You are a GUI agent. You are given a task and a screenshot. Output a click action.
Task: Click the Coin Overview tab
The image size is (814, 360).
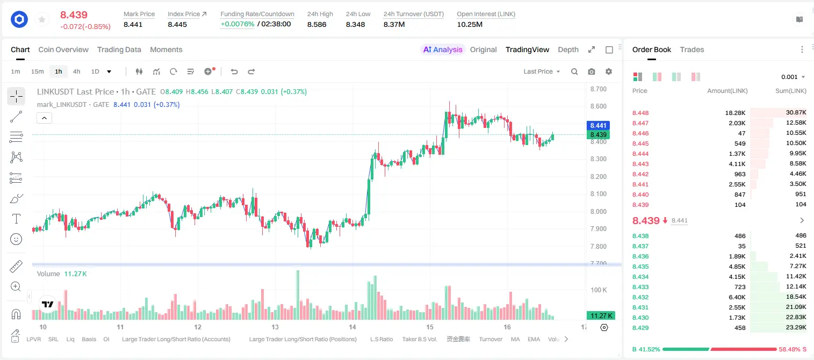click(x=63, y=50)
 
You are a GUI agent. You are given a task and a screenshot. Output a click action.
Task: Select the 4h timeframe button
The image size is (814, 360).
click(x=76, y=71)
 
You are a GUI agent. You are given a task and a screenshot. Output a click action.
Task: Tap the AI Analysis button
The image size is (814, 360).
click(x=443, y=50)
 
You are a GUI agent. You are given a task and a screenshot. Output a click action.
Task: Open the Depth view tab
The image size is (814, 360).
click(x=568, y=50)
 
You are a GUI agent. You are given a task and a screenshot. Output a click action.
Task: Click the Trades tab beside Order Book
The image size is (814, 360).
click(x=692, y=50)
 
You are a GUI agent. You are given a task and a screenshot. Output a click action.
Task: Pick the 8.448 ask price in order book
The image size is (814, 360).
click(x=640, y=113)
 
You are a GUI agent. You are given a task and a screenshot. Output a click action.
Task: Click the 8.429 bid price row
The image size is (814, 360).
click(x=640, y=328)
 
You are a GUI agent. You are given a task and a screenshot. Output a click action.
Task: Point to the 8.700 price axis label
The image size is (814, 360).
click(x=598, y=89)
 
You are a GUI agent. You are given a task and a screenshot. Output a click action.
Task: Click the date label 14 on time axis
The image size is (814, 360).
click(x=352, y=327)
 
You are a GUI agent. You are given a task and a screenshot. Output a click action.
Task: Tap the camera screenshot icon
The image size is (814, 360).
click(x=592, y=71)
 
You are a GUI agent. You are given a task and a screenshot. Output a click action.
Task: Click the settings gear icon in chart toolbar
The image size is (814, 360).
click(x=609, y=71)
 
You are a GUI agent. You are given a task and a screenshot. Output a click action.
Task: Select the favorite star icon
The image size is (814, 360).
click(x=42, y=19)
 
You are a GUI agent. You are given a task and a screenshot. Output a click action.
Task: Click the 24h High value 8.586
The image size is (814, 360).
click(x=316, y=24)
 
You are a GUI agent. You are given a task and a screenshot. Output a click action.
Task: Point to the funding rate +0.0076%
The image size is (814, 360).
click(x=237, y=24)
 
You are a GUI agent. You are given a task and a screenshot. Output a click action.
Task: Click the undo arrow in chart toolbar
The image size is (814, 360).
click(x=234, y=71)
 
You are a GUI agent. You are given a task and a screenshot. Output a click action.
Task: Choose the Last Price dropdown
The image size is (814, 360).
click(x=542, y=71)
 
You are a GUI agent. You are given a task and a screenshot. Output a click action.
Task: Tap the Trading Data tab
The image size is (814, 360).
click(x=119, y=50)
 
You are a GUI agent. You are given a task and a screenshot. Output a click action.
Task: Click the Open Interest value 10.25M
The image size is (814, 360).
click(x=470, y=24)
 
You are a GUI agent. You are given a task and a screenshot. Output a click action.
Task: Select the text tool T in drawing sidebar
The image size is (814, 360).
click(x=16, y=219)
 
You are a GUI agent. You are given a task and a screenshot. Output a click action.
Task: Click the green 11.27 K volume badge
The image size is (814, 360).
click(x=601, y=316)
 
